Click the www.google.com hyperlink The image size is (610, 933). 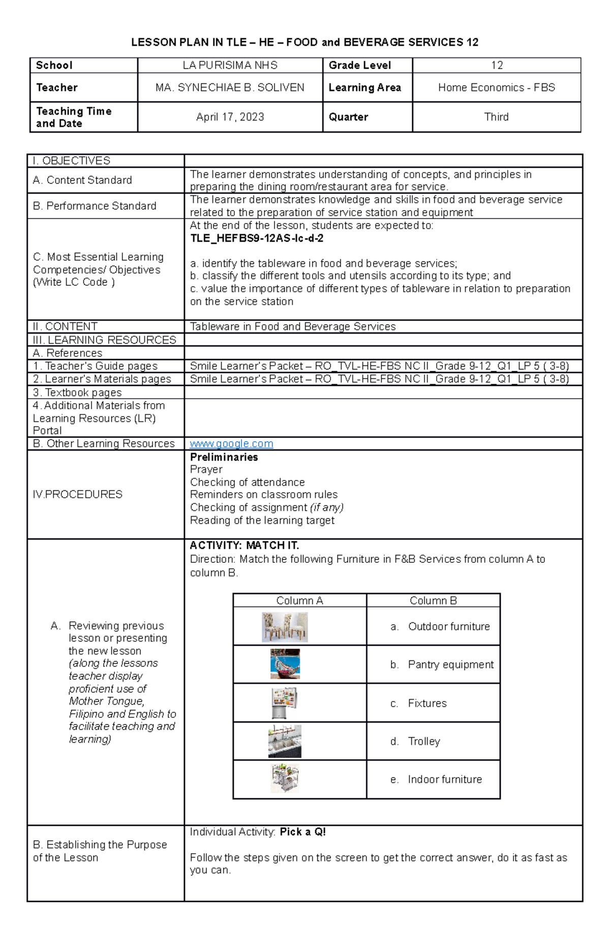pyautogui.click(x=231, y=444)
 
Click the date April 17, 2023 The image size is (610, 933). pyautogui.click(x=230, y=117)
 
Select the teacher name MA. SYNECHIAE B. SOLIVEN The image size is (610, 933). pyautogui.click(x=230, y=87)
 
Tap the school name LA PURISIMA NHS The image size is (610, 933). pyautogui.click(x=230, y=65)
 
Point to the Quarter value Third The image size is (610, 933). pyautogui.click(x=496, y=117)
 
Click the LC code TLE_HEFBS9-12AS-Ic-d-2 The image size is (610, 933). pyautogui.click(x=257, y=238)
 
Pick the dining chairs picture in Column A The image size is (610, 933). pyautogui.click(x=285, y=627)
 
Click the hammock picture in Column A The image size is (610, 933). pyautogui.click(x=285, y=664)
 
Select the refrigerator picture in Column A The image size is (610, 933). pyautogui.click(x=285, y=703)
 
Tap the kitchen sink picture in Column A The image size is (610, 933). pyautogui.click(x=285, y=741)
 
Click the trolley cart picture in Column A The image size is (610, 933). pyautogui.click(x=285, y=778)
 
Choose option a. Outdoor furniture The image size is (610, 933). pyautogui.click(x=440, y=627)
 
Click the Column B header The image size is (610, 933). pyautogui.click(x=433, y=600)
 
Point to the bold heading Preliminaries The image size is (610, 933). pyautogui.click(x=224, y=457)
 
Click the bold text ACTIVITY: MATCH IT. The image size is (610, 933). pyautogui.click(x=244, y=546)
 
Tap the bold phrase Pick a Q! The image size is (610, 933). pyautogui.click(x=302, y=832)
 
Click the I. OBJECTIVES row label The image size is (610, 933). pyautogui.click(x=71, y=161)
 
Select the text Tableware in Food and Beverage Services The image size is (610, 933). pyautogui.click(x=292, y=326)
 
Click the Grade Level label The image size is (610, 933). pyautogui.click(x=359, y=65)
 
